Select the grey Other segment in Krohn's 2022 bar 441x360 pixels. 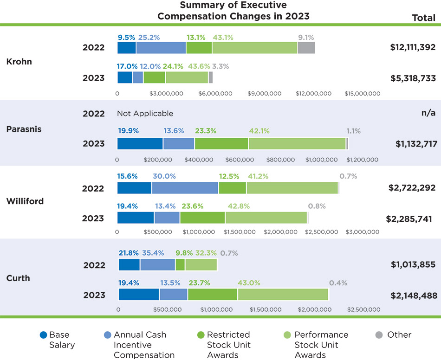[x=306, y=47]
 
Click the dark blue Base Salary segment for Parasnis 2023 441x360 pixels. [x=140, y=143]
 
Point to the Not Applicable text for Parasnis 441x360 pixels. [x=145, y=113]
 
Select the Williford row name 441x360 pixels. [x=25, y=201]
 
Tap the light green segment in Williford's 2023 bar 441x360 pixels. [x=266, y=218]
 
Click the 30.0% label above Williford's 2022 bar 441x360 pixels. [x=164, y=176]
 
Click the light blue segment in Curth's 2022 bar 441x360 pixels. [x=157, y=264]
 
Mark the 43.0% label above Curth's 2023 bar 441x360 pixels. [x=248, y=283]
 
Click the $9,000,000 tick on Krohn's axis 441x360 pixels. [x=265, y=93]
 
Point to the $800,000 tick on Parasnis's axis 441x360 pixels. [x=282, y=160]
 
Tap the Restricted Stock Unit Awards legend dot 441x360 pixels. [x=201, y=334]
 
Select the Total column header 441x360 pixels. [x=423, y=18]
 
